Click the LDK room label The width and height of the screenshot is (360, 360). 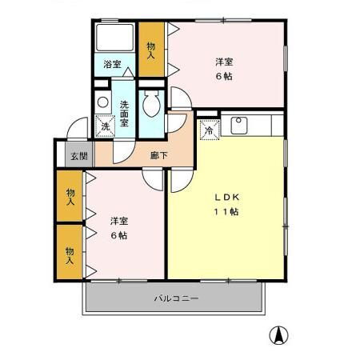click(x=226, y=197)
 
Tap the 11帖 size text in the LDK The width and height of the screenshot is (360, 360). click(x=226, y=212)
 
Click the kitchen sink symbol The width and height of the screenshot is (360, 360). click(x=239, y=124)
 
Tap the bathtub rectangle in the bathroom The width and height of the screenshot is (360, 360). click(x=115, y=38)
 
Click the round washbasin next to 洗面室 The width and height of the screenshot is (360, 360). click(x=102, y=102)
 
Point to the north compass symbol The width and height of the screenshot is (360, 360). click(x=280, y=337)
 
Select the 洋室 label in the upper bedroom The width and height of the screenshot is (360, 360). click(x=224, y=61)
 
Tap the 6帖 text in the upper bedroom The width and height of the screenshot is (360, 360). click(x=224, y=76)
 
